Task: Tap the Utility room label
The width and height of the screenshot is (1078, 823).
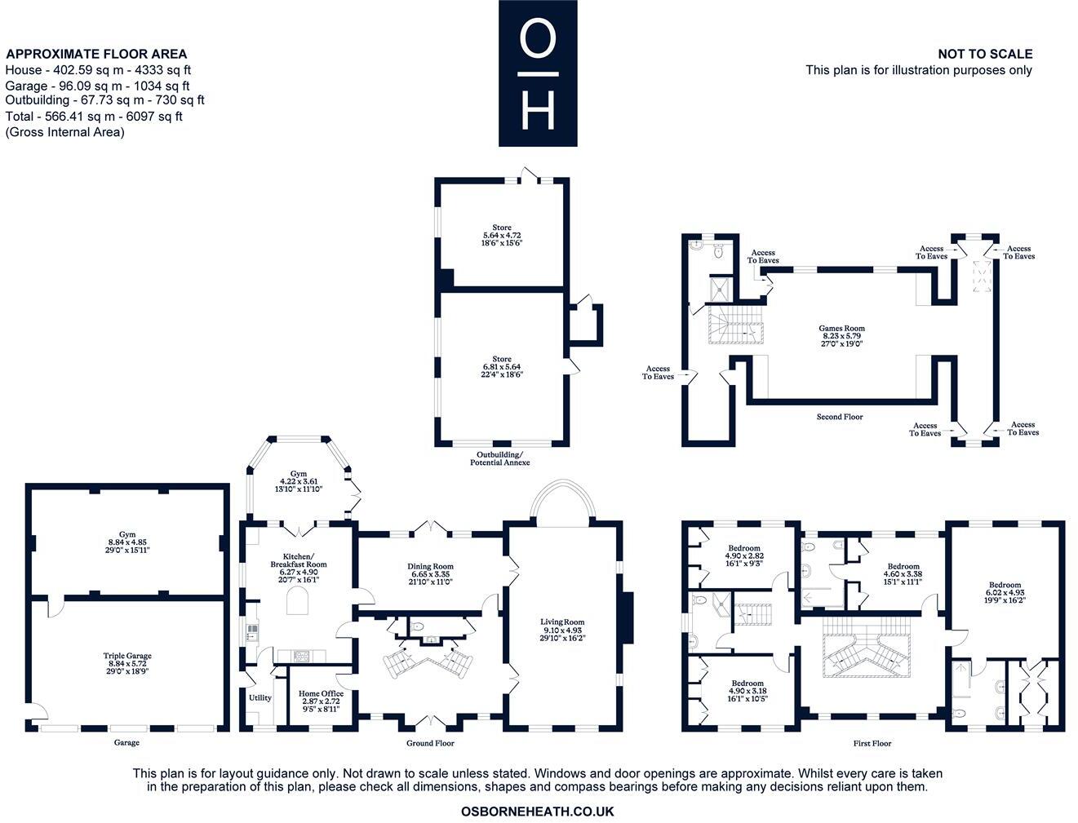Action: pyautogui.click(x=260, y=697)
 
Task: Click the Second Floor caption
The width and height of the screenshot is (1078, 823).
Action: pyautogui.click(x=840, y=417)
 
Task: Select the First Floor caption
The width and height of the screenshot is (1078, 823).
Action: pyautogui.click(x=872, y=743)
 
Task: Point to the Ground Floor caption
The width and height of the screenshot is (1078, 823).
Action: pyautogui.click(x=430, y=743)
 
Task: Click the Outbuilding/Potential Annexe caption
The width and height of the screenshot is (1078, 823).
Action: pyautogui.click(x=500, y=458)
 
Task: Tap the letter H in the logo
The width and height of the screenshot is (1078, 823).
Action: pyautogui.click(x=539, y=110)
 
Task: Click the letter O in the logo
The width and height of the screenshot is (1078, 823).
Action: pyautogui.click(x=539, y=38)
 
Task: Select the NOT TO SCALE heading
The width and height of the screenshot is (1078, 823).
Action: pyautogui.click(x=985, y=54)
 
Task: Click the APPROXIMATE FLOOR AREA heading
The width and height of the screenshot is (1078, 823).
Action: pyautogui.click(x=96, y=54)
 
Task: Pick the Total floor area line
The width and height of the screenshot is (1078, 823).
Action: pyautogui.click(x=94, y=117)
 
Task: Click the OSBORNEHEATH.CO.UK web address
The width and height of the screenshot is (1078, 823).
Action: pyautogui.click(x=537, y=812)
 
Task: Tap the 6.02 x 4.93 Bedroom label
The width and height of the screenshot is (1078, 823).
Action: pyautogui.click(x=1005, y=592)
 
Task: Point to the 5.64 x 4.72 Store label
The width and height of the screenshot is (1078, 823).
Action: pyautogui.click(x=502, y=235)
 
